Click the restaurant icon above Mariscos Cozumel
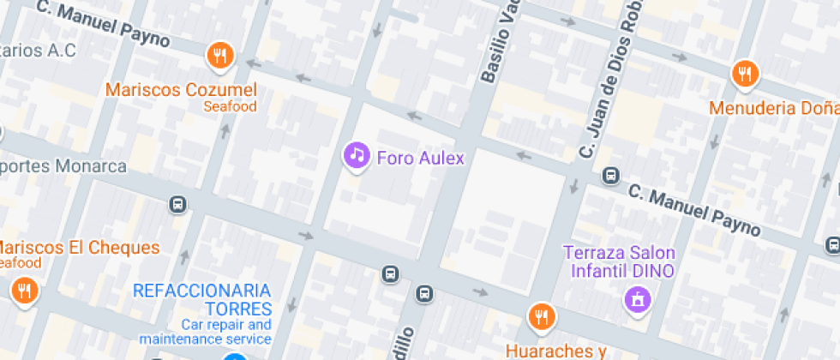(x=221, y=57)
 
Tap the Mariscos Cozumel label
(x=181, y=89)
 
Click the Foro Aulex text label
(x=420, y=158)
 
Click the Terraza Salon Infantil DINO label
(x=618, y=261)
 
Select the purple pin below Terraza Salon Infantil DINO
(x=637, y=299)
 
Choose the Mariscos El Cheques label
(x=80, y=248)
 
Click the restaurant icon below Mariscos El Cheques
(x=25, y=291)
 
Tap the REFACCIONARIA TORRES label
(x=202, y=299)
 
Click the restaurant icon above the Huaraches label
(x=542, y=316)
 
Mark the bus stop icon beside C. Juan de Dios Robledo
(x=610, y=176)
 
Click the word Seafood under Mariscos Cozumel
(x=230, y=106)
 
